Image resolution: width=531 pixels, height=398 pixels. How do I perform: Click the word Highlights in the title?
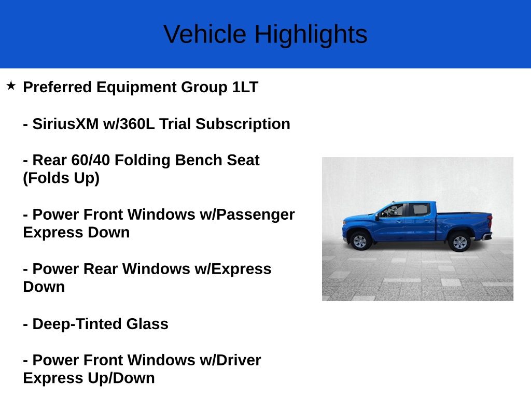click(x=311, y=34)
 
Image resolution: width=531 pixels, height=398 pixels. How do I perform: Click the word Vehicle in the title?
click(x=205, y=34)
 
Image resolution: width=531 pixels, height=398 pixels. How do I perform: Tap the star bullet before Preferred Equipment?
click(x=11, y=86)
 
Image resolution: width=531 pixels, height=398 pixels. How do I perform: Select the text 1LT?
click(x=245, y=87)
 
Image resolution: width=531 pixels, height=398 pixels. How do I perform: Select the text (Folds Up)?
click(x=61, y=178)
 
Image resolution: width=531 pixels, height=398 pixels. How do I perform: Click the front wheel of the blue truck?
click(x=360, y=241)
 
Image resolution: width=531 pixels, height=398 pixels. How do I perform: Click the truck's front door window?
click(x=394, y=210)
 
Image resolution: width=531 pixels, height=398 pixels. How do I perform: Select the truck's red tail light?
click(x=489, y=222)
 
